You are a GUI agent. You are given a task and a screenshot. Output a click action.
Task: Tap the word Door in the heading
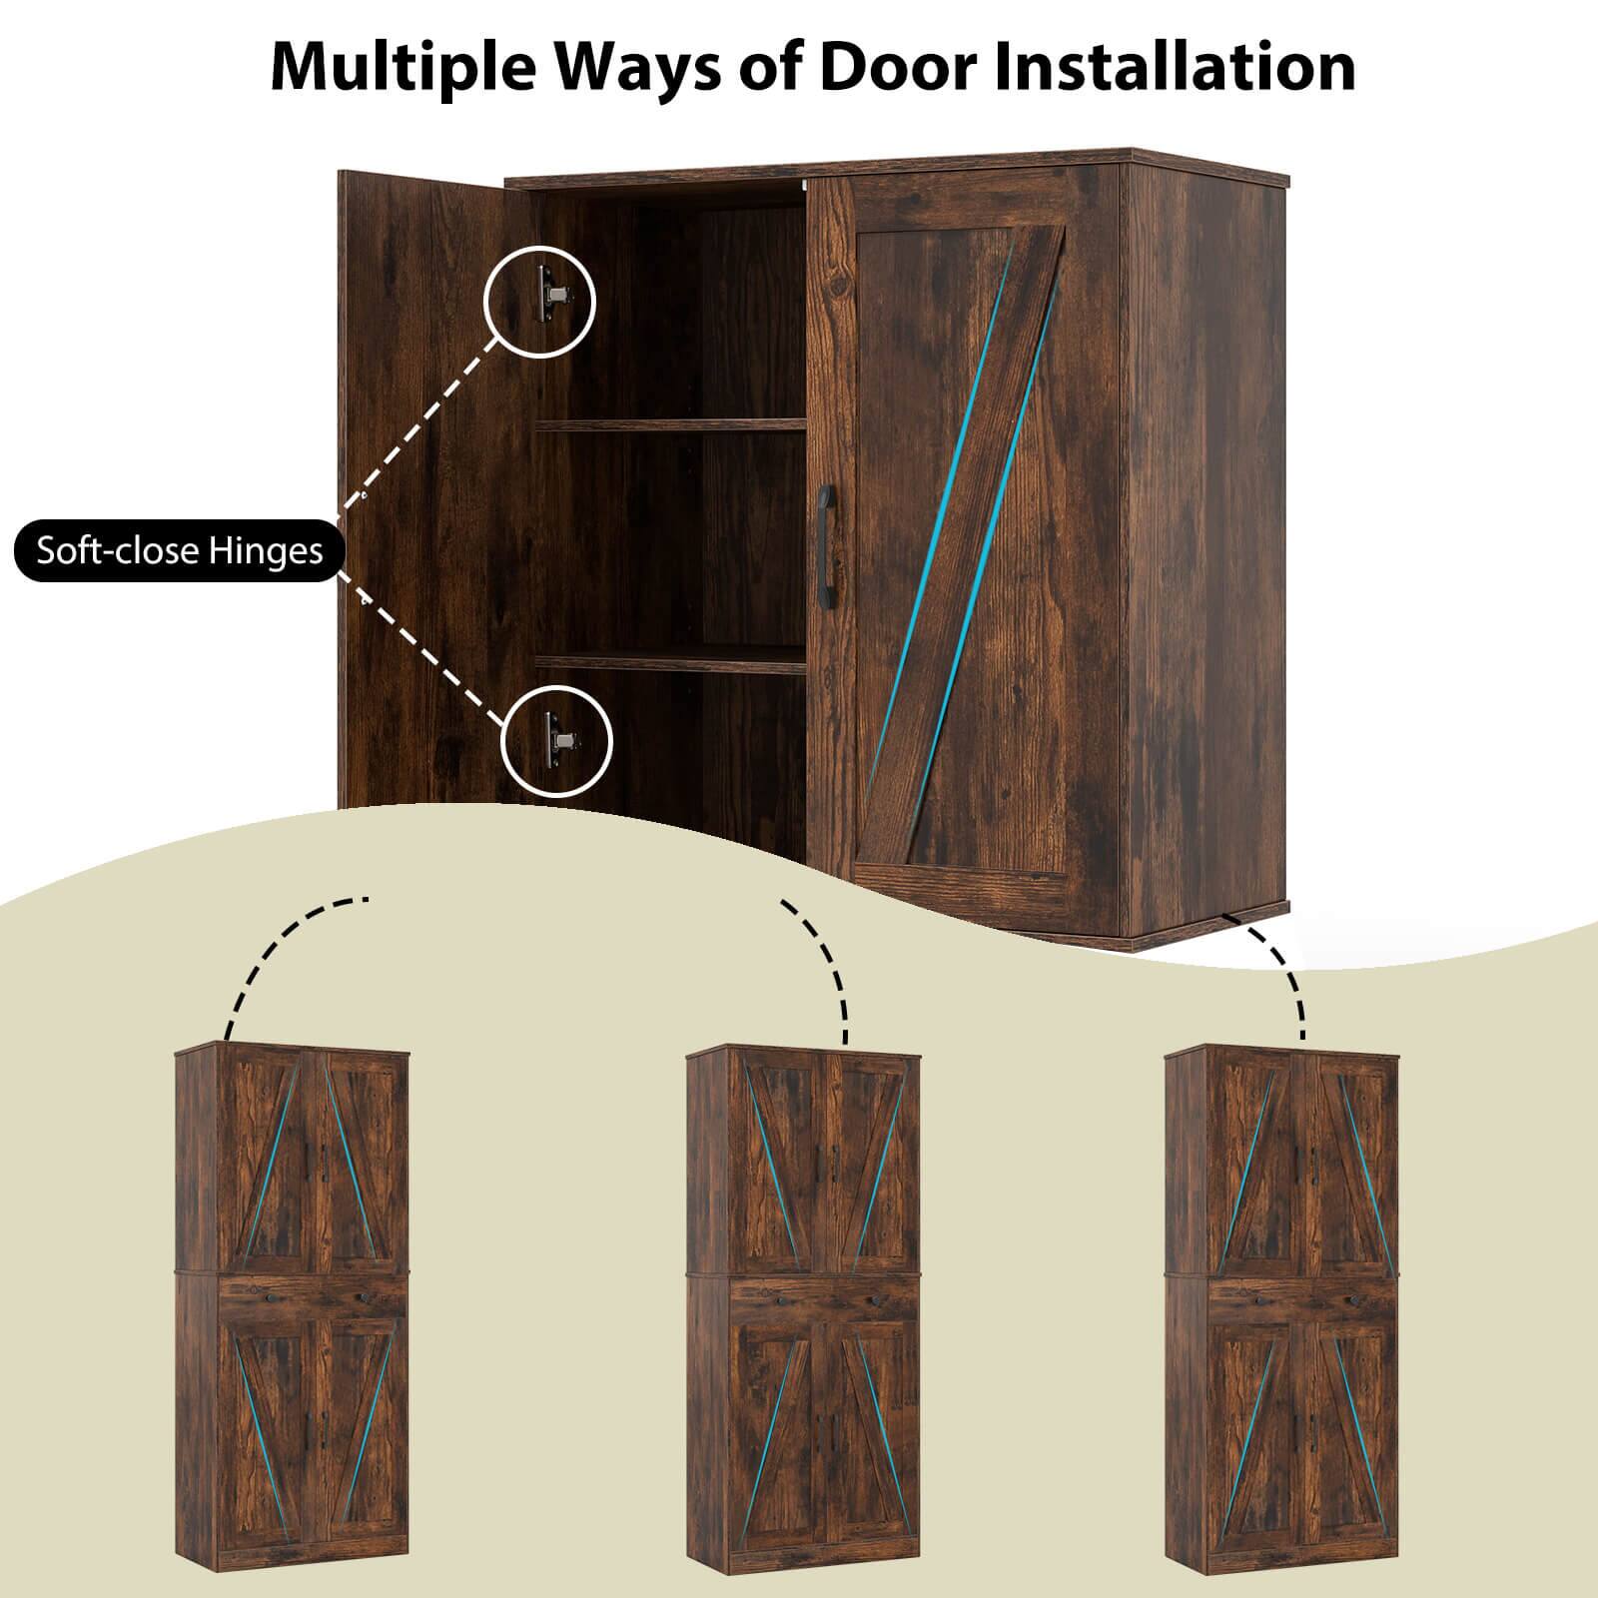[x=890, y=68]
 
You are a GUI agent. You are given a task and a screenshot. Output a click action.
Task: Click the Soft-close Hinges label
[x=180, y=551]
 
